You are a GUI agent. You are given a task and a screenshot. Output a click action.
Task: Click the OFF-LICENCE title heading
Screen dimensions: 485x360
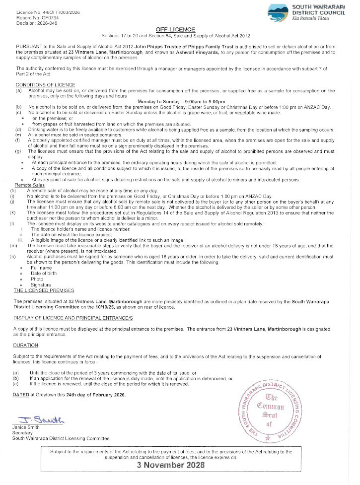click(175, 30)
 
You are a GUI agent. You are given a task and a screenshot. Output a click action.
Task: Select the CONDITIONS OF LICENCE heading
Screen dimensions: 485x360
click(45, 85)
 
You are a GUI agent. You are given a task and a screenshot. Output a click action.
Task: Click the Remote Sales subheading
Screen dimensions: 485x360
click(31, 185)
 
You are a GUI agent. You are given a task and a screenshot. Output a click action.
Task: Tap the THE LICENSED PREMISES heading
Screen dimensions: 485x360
click(44, 290)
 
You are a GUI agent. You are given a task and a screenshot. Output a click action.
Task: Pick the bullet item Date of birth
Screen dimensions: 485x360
click(43, 274)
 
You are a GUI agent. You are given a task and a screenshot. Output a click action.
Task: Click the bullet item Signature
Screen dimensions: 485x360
click(41, 285)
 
